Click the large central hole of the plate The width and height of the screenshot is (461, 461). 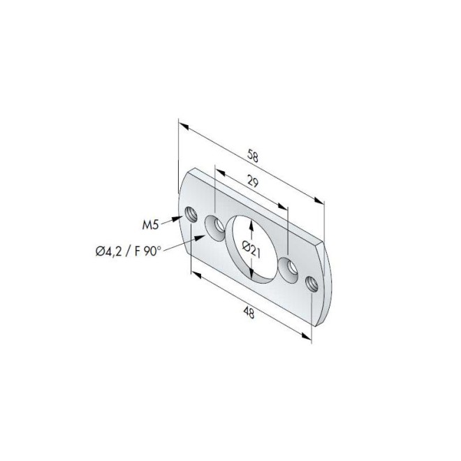click(253, 249)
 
